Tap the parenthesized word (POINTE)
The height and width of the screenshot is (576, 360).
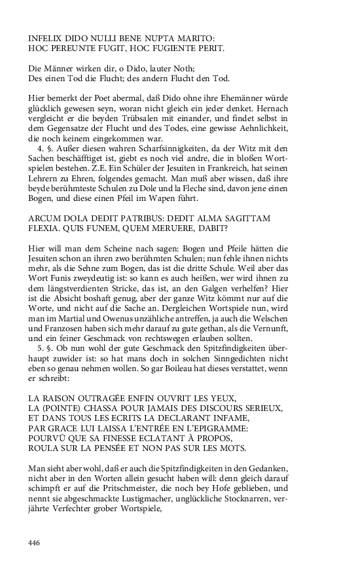[62, 408]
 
